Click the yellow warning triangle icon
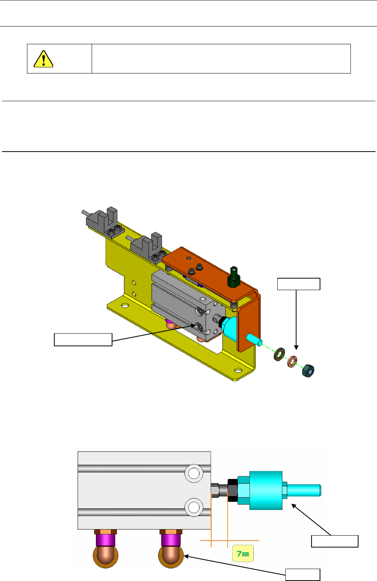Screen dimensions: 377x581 (44, 59)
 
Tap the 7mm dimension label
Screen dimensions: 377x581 (243, 553)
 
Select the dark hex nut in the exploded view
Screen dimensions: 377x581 (308, 371)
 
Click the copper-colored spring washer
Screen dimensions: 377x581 (292, 361)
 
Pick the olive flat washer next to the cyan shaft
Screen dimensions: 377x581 (279, 355)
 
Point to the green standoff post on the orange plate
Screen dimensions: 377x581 (234, 277)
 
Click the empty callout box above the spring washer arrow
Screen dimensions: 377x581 (298, 284)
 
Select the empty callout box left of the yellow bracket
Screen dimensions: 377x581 (83, 339)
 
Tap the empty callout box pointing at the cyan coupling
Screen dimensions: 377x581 (335, 541)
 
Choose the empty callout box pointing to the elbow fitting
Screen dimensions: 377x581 (302, 574)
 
